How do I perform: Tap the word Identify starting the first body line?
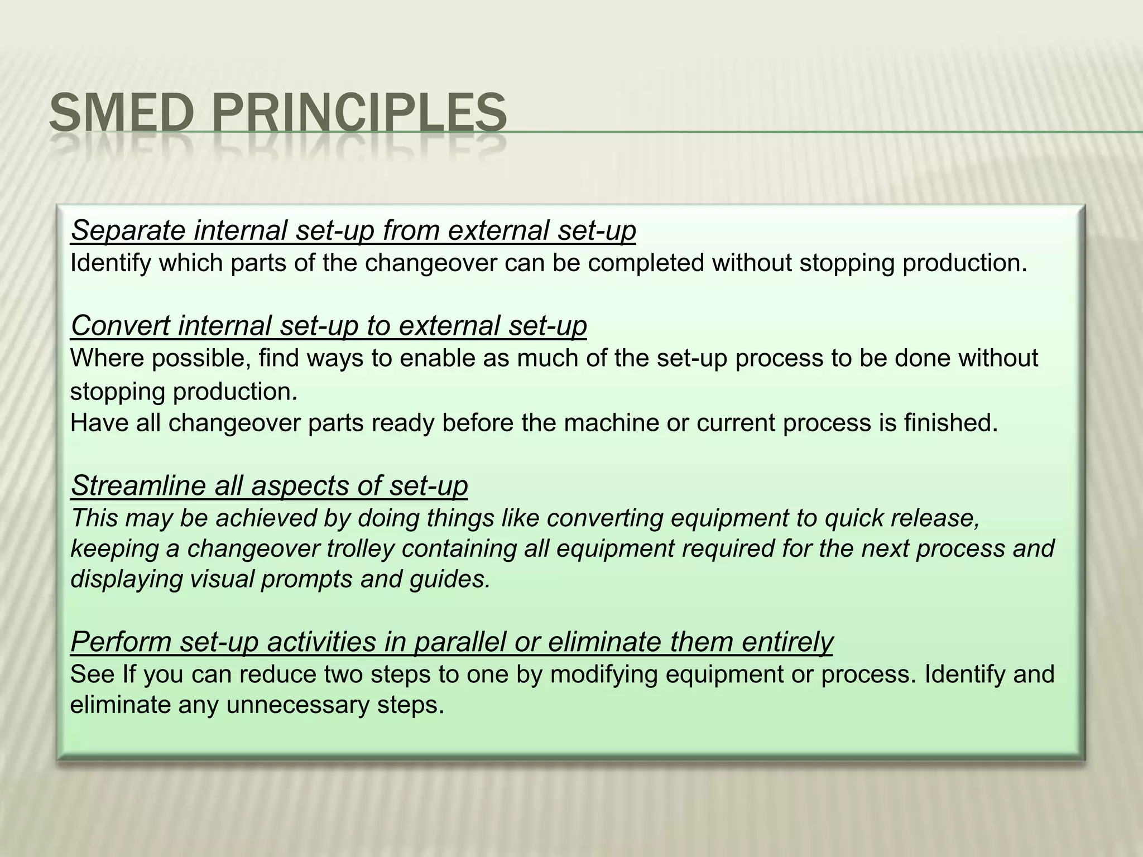[111, 263]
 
